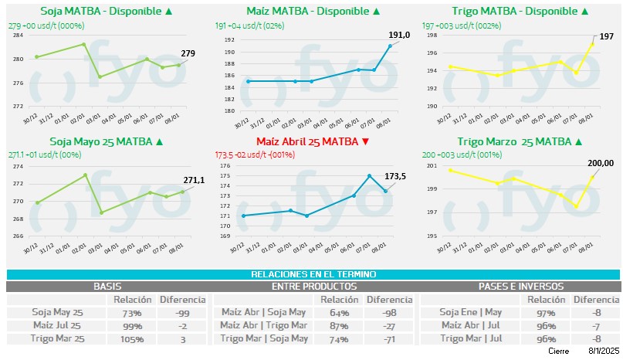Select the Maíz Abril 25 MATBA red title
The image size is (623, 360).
tap(307, 141)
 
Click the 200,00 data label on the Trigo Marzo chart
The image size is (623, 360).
tap(601, 163)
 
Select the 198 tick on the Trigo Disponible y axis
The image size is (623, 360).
tap(432, 35)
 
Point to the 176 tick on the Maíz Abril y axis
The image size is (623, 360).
tap(225, 165)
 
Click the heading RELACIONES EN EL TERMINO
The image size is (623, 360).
tap(313, 275)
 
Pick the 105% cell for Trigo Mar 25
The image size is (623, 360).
tap(131, 338)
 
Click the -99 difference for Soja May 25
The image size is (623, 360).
tap(182, 313)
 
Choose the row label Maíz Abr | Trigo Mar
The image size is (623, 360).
tap(263, 326)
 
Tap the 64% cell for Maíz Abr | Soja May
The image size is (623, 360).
tap(339, 313)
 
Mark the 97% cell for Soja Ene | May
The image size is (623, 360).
tap(547, 313)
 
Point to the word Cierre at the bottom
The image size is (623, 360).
tap(558, 351)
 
